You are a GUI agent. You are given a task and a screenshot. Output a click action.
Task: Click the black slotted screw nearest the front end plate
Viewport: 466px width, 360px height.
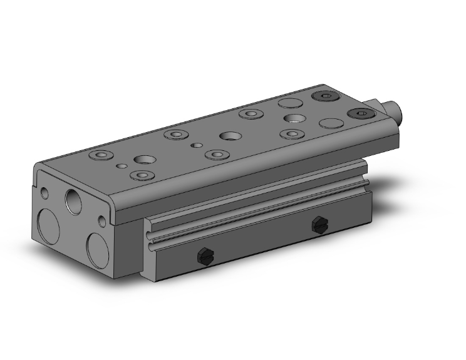[x=203, y=255]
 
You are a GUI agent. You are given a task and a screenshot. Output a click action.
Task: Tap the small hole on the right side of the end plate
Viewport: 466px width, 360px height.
[x=102, y=222]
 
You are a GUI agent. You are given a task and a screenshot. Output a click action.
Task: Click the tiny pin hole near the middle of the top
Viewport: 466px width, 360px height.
[x=197, y=145]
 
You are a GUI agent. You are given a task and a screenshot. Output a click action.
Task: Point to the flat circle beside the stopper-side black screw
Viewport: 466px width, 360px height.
[x=330, y=123]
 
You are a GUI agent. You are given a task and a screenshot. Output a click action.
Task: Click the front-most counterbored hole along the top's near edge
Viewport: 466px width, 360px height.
[x=143, y=175]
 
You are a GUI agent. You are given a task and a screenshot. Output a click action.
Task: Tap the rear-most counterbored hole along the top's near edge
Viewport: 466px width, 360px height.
[x=291, y=133]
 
